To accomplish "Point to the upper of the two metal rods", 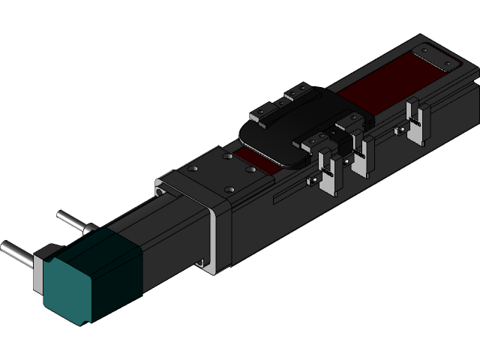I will [71, 220].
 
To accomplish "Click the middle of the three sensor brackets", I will [363, 154].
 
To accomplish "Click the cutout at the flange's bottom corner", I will [201, 263].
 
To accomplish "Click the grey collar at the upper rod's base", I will [88, 227].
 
